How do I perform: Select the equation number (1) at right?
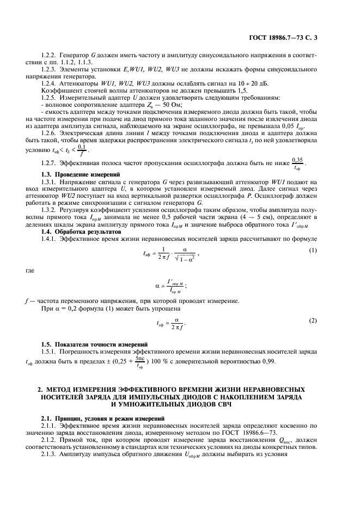[313, 235]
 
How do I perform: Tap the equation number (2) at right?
[313, 320]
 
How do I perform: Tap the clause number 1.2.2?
[51, 56]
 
